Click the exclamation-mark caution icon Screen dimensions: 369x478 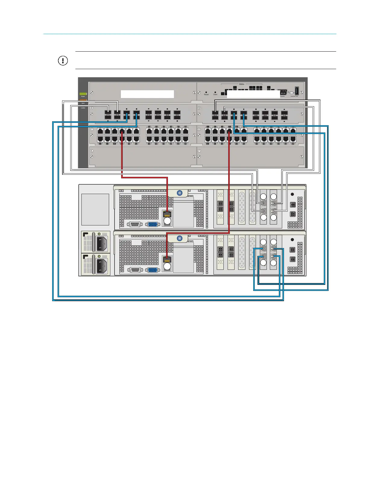63,61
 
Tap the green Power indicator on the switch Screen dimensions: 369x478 83,94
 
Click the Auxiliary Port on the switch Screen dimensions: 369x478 297,91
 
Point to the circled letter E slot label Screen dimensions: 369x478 92,151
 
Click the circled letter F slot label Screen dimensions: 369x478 199,151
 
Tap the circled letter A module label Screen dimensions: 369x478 92,108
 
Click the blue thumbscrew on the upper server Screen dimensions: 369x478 180,193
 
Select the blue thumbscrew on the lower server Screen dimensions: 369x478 180,238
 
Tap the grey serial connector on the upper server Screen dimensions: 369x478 134,225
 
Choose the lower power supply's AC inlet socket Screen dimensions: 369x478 101,264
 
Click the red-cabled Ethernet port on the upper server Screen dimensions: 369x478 167,214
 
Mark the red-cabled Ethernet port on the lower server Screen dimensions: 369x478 167,260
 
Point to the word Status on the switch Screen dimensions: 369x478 241,84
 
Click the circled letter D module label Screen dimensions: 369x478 199,129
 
